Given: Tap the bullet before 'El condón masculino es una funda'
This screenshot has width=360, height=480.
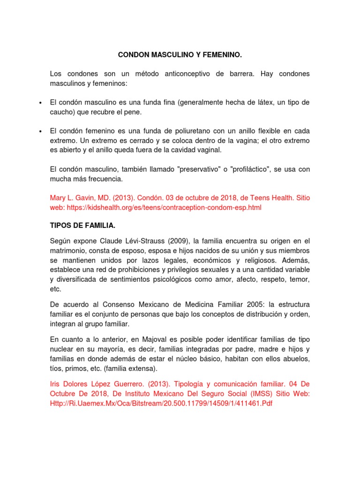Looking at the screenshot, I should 41,103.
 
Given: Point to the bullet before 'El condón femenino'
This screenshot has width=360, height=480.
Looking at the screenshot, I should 41,131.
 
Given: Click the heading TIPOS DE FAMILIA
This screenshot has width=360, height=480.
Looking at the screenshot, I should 82,225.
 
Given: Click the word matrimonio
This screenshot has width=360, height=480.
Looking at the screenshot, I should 68,251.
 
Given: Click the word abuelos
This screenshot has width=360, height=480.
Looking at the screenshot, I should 297,358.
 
